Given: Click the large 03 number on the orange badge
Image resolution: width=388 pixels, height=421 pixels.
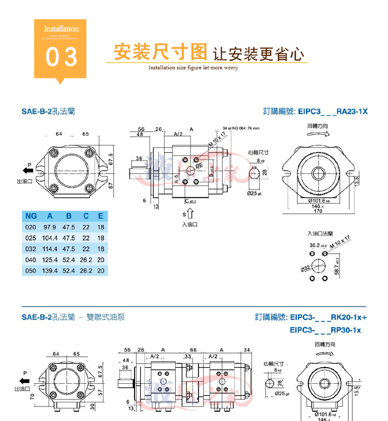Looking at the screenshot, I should click(61, 57).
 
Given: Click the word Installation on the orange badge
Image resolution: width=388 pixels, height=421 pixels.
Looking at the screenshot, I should click(61, 29).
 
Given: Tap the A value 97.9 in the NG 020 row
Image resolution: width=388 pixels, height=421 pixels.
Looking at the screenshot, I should click(50, 227).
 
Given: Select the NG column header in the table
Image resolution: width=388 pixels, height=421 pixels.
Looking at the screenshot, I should click(31, 216).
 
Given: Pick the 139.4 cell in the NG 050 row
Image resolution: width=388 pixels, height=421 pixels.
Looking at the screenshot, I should click(50, 270).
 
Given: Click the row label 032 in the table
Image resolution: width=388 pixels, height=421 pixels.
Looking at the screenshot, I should click(31, 249).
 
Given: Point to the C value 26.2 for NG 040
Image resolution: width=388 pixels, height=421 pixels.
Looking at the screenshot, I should click(86, 259).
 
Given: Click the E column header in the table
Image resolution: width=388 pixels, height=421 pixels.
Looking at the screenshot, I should click(100, 216).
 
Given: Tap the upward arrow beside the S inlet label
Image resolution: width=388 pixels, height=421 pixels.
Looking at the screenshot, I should click(190, 213).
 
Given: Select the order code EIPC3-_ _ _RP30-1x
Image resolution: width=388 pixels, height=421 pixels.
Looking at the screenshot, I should click(325, 330).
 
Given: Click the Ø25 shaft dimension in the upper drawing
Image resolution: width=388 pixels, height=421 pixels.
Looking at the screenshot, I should click(255, 193).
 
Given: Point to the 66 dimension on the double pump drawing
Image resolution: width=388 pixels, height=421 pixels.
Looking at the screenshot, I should click(193, 350).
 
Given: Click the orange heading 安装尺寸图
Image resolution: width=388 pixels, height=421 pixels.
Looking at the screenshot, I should click(160, 52).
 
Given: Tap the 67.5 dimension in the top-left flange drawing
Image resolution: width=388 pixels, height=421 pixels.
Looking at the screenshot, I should click(110, 157).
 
